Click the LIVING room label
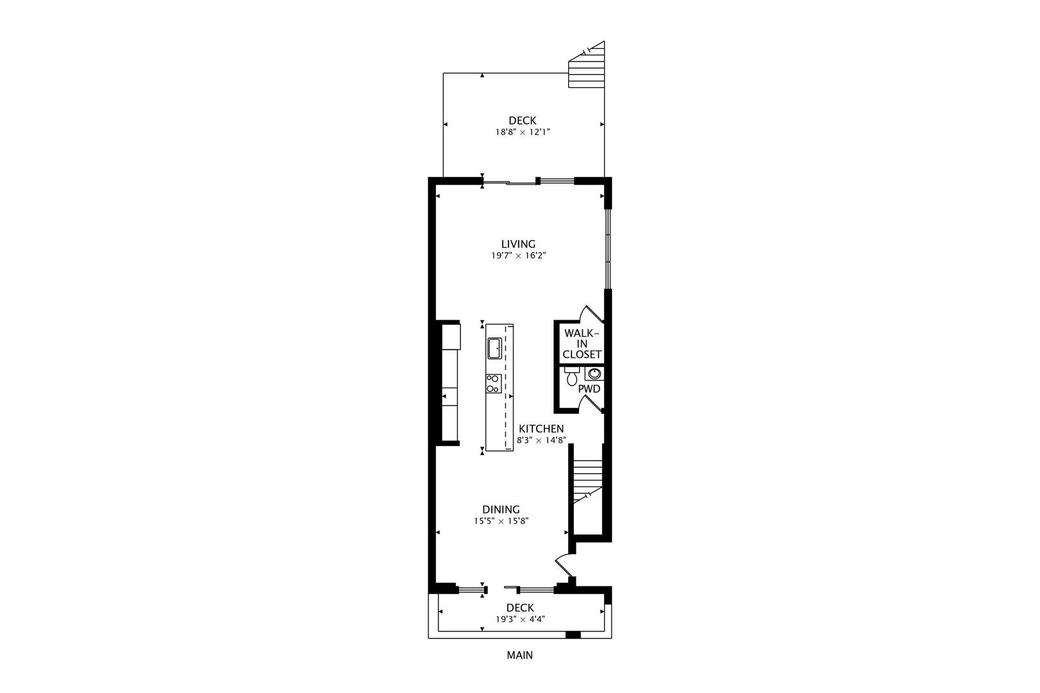point(518,244)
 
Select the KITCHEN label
point(541,429)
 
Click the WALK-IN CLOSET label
point(582,344)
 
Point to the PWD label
point(589,389)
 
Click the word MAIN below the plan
point(519,655)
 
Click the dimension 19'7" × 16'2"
point(518,255)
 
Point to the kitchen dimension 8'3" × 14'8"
point(541,440)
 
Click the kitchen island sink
point(494,348)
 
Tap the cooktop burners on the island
point(492,384)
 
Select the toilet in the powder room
point(571,377)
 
